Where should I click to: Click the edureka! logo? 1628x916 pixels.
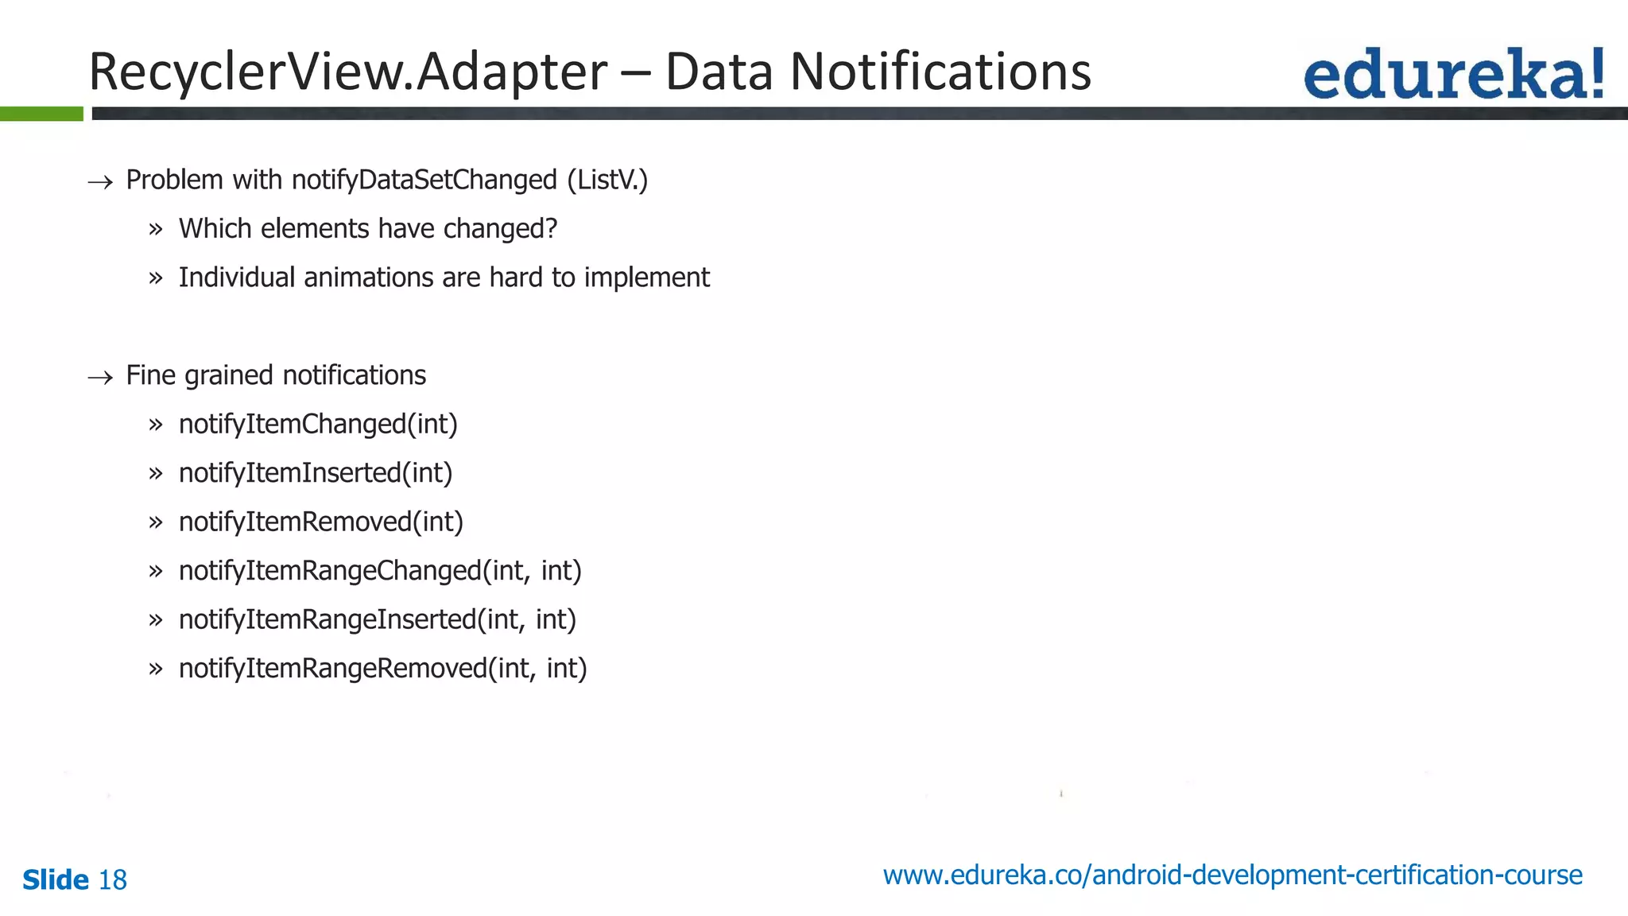[x=1453, y=74]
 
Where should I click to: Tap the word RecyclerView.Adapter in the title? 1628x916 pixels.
[x=348, y=72]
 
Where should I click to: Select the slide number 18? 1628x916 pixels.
[x=112, y=880]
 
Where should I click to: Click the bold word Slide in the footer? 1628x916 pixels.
[x=56, y=880]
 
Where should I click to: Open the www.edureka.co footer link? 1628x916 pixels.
[x=1232, y=875]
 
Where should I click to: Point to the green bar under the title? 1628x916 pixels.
[x=41, y=114]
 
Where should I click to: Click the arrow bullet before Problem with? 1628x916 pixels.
[x=100, y=182]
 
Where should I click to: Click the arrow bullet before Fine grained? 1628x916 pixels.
[x=100, y=377]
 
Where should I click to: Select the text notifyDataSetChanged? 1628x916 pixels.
[x=424, y=180]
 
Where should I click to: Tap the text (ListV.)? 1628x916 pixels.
[x=607, y=180]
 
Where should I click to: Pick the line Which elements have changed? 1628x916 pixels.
[x=368, y=229]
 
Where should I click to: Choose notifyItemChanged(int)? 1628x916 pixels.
[x=318, y=425]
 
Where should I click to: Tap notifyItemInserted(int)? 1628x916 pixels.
[x=316, y=473]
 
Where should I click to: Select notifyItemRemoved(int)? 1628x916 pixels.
[x=321, y=522]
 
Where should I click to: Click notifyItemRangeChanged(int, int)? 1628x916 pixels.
[x=380, y=571]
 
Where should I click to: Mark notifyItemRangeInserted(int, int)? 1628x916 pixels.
[x=378, y=619]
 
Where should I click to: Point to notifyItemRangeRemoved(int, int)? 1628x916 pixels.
[x=382, y=669]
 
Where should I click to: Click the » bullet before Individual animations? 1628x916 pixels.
[x=155, y=278]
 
